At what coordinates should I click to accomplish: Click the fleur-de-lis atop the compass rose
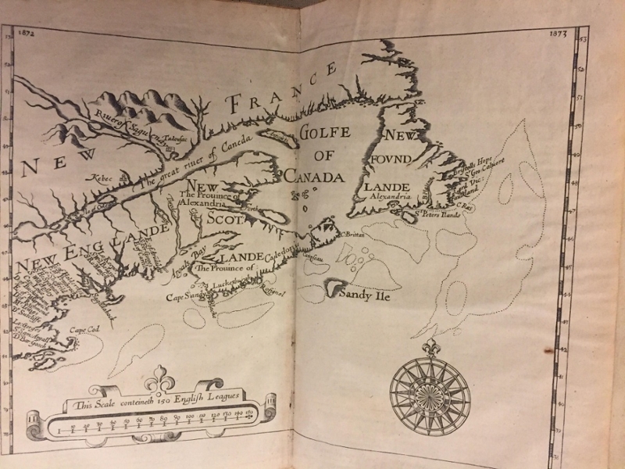(430, 346)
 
